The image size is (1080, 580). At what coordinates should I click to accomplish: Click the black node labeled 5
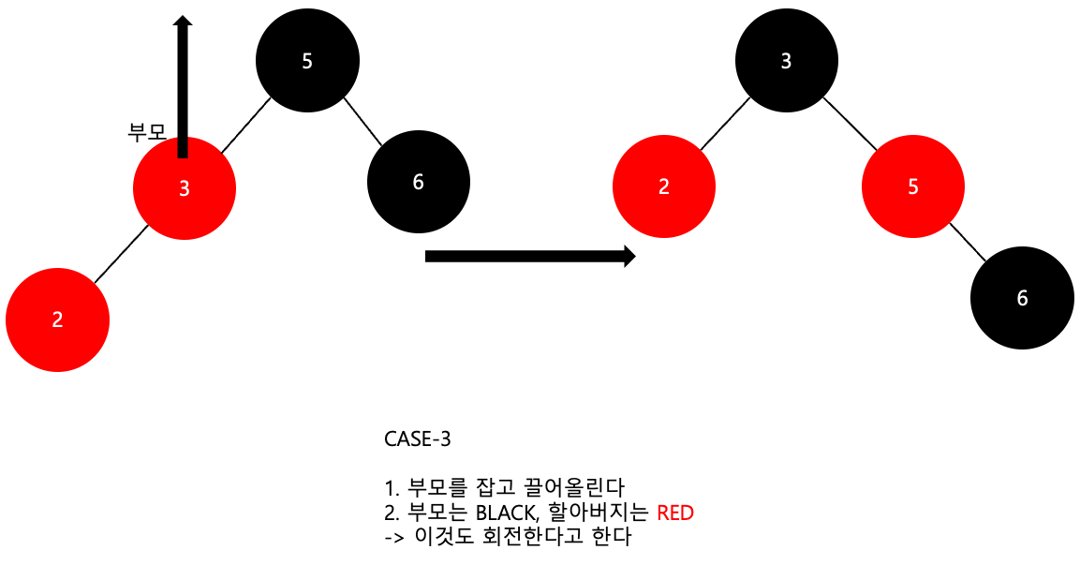pos(307,61)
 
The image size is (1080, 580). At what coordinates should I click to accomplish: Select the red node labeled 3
pos(185,187)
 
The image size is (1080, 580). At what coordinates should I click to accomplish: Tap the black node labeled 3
pos(786,61)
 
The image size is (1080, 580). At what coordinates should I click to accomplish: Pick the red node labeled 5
pos(913,186)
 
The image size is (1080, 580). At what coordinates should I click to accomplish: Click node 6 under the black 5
pos(418,182)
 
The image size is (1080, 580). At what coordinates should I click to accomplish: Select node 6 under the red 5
pos(1022,298)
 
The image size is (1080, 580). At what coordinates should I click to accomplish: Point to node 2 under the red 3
pos(57,320)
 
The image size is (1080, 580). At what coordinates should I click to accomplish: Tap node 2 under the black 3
pos(664,186)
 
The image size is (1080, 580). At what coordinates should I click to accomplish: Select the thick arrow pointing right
pos(530,256)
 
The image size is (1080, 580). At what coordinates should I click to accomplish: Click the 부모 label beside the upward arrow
pos(146,132)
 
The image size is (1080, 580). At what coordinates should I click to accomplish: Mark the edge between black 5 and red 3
pos(245,123)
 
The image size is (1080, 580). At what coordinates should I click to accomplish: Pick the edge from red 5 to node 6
pos(968,243)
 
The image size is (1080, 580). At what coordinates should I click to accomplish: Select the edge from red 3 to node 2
pos(121,254)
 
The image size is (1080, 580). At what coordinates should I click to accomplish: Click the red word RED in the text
pos(675,513)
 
